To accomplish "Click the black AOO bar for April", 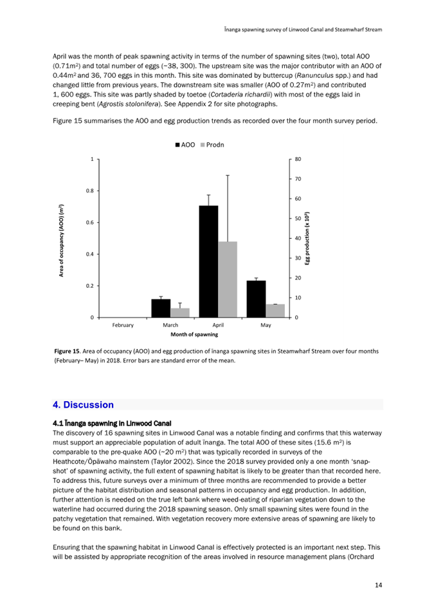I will click(208, 261).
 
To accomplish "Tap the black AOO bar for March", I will click(161, 308).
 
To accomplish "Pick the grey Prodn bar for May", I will click(275, 310).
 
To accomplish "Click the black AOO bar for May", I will click(256, 299).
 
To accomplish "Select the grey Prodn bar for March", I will click(180, 312).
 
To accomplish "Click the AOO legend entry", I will click(185, 145).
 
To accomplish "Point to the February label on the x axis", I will click(123, 325).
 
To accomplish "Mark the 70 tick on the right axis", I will click(299, 178).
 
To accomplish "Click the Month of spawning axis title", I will click(194, 335).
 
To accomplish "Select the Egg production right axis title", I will click(308, 238).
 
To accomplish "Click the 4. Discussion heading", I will click(83, 405).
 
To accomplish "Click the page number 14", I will click(379, 585).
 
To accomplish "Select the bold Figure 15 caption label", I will click(67, 351).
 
